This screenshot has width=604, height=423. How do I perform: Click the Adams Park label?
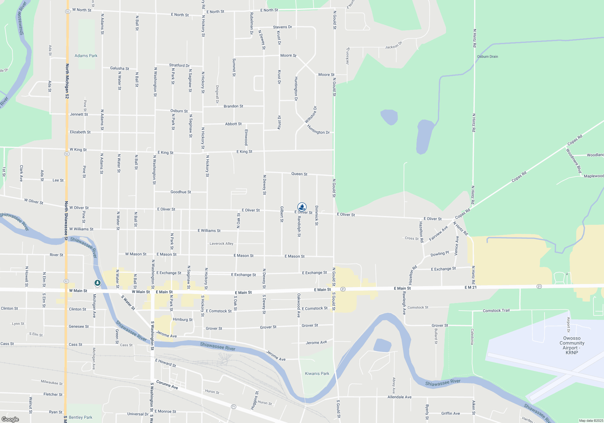(x=86, y=56)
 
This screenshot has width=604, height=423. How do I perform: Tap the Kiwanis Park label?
(x=317, y=373)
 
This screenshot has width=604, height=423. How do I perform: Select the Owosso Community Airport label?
(x=572, y=345)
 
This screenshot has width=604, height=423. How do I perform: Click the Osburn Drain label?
(x=487, y=57)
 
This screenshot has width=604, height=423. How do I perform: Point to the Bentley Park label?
(x=80, y=417)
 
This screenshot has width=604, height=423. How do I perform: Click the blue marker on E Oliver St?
(x=302, y=207)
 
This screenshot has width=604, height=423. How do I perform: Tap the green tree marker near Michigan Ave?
(x=97, y=283)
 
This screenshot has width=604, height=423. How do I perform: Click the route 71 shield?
(x=233, y=407)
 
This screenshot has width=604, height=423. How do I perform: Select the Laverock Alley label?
(x=221, y=244)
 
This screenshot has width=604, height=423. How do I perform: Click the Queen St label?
(x=299, y=174)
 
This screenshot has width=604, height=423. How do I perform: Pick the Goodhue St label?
(x=181, y=192)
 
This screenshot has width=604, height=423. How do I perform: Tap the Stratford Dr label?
(x=179, y=65)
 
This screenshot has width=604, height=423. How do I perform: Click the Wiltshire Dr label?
(x=311, y=115)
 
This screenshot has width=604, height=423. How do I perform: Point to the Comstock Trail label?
(x=496, y=311)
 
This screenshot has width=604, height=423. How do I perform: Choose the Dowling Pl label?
(x=440, y=254)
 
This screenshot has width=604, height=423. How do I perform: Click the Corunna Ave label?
(x=167, y=385)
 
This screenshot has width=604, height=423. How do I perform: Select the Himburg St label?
(x=182, y=319)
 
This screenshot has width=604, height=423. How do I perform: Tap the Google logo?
(x=10, y=419)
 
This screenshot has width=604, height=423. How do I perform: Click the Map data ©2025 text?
(x=591, y=421)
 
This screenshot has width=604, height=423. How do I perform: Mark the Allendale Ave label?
(x=399, y=397)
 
